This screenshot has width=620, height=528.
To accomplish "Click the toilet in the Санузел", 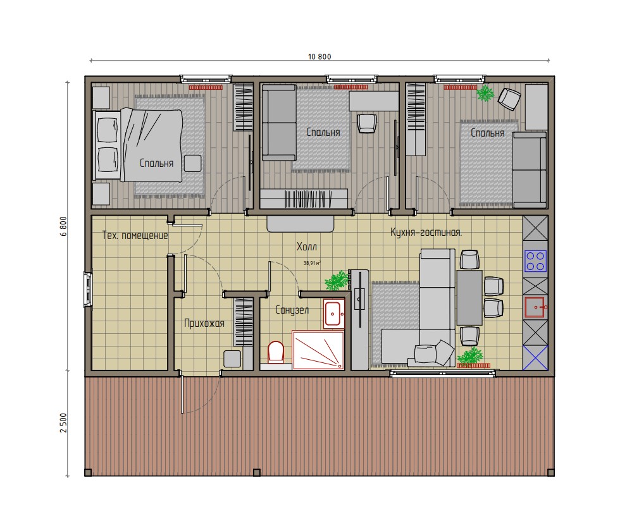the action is pyautogui.click(x=276, y=352).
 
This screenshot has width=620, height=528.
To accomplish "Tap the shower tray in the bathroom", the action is pyautogui.click(x=318, y=350).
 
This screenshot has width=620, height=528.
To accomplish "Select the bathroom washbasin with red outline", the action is pyautogui.click(x=334, y=314).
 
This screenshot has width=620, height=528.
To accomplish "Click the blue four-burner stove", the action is pyautogui.click(x=536, y=261).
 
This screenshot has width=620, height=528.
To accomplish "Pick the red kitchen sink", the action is pyautogui.click(x=536, y=307).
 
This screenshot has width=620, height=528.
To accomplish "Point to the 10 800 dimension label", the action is pyautogui.click(x=319, y=56).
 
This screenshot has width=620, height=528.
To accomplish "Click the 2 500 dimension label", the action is pyautogui.click(x=64, y=423).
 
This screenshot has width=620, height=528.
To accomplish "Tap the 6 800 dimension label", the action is pyautogui.click(x=64, y=226).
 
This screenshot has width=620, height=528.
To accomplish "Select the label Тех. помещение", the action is pyautogui.click(x=135, y=235).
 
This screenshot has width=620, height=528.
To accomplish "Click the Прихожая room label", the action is pyautogui.click(x=204, y=324).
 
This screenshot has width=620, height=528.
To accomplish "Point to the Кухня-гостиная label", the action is pyautogui.click(x=426, y=233).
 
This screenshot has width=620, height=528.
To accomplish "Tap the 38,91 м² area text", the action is pyautogui.click(x=312, y=263).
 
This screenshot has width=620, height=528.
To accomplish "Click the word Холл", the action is pyautogui.click(x=306, y=247).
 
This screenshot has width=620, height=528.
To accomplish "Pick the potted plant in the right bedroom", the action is pyautogui.click(x=485, y=94).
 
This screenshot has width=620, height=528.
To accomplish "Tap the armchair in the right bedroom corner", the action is pyautogui.click(x=509, y=99).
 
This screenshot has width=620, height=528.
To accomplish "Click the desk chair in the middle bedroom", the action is pyautogui.click(x=367, y=123).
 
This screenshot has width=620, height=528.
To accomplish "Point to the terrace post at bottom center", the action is pyautogui.click(x=257, y=472).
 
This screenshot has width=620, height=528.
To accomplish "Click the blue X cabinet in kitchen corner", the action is pyautogui.click(x=536, y=358).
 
